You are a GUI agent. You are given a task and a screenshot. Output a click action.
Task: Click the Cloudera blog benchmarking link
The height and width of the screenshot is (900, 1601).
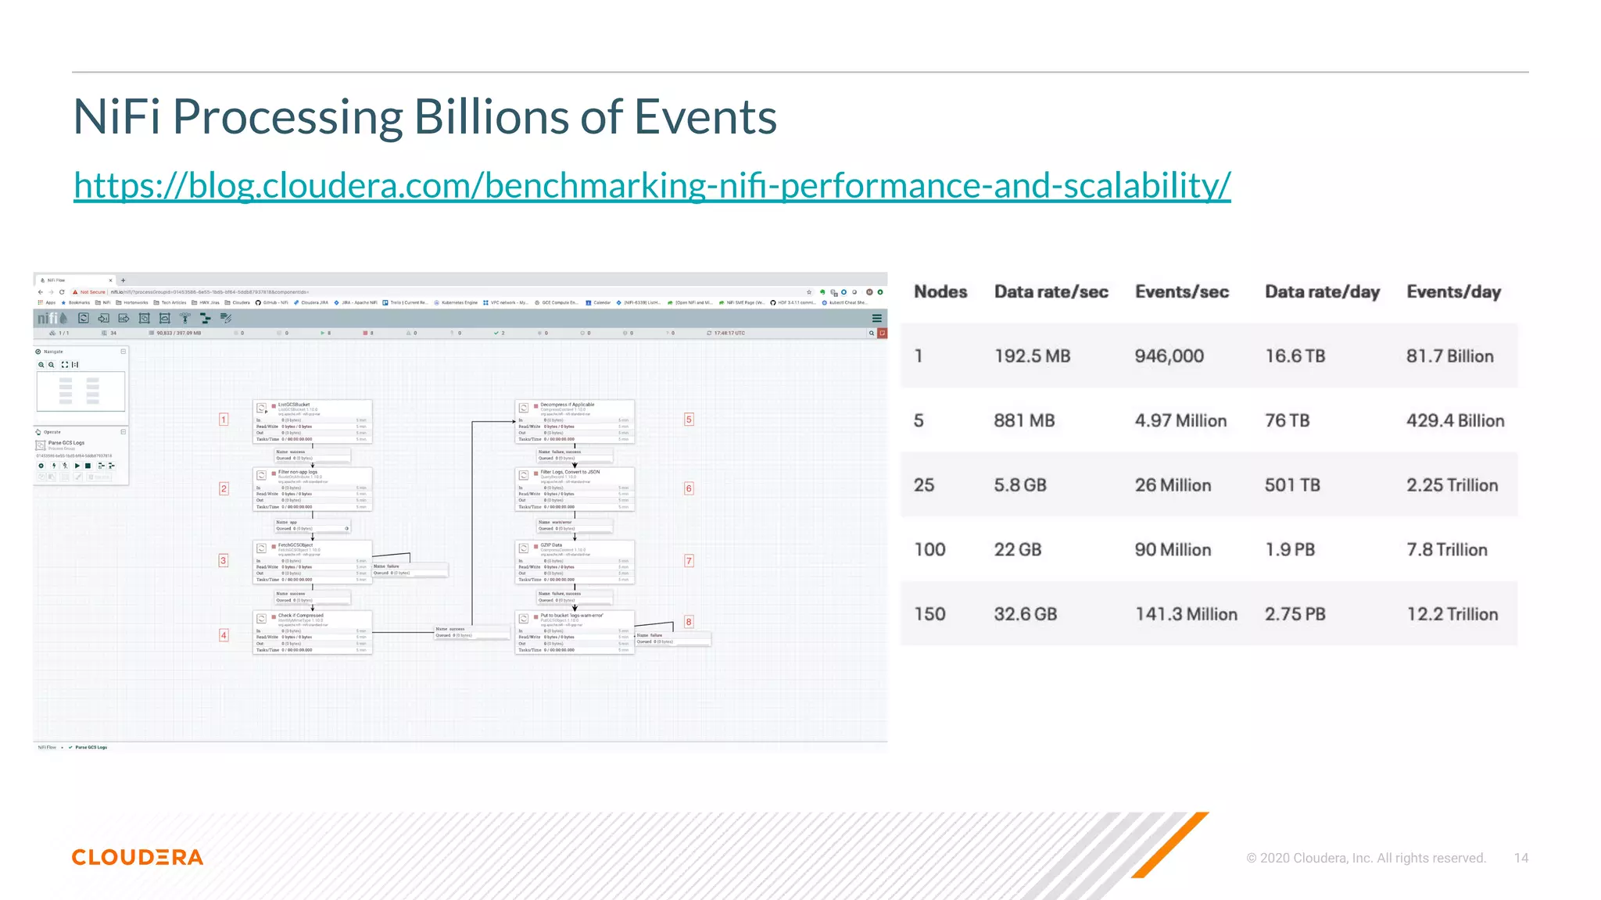pos(652,186)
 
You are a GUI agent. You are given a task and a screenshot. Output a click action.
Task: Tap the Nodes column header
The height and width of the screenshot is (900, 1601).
pos(940,292)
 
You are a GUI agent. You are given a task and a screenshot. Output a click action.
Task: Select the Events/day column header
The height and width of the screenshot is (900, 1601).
pos(1453,292)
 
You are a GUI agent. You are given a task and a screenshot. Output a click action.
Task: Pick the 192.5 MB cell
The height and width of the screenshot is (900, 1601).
pos(1032,356)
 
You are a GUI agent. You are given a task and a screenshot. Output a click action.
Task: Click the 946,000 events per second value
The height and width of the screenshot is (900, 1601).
pos(1169,356)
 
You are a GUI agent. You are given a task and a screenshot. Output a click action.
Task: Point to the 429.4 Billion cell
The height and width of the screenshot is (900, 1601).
pos(1455,421)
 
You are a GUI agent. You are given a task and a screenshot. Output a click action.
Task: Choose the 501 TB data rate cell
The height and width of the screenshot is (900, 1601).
pos(1292,485)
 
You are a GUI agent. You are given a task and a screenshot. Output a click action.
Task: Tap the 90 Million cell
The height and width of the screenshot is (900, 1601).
pos(1173,550)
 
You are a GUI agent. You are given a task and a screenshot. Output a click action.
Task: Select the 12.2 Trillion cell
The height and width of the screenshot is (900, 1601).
pos(1452,615)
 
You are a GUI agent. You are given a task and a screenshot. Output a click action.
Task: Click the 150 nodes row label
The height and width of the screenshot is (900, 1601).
pos(929,615)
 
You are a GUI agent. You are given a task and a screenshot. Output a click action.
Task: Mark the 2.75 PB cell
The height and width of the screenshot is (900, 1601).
pos(1295,615)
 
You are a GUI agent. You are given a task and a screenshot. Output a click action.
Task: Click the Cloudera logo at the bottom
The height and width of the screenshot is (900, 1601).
pos(138,857)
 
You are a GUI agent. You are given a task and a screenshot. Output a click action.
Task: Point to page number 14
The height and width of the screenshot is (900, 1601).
pos(1520,858)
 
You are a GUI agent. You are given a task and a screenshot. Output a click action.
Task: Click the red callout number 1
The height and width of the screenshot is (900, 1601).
pos(224,420)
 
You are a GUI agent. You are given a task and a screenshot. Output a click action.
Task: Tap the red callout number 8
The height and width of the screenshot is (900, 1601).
pos(689,622)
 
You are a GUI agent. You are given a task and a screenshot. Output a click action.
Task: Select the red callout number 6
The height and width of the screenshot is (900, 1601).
pos(689,488)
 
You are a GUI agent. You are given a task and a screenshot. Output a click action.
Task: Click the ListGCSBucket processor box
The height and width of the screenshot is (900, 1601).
pos(313,422)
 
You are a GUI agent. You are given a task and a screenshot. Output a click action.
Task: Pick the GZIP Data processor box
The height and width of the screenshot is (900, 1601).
pos(575,562)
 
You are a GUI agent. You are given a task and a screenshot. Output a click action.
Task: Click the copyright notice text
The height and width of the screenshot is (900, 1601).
pos(1366,858)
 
